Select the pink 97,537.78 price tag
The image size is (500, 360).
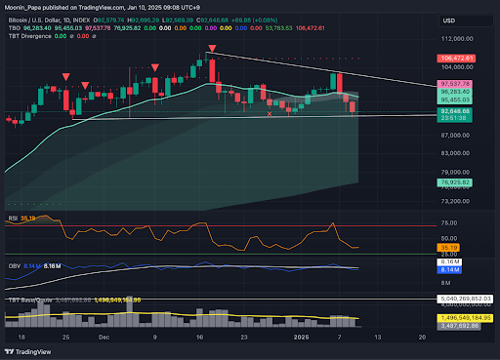pos(457,85)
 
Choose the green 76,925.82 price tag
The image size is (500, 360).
pos(457,182)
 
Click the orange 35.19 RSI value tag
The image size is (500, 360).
pos(450,248)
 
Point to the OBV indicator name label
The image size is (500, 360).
pos(15,264)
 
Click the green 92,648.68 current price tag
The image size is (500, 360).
pos(457,112)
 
